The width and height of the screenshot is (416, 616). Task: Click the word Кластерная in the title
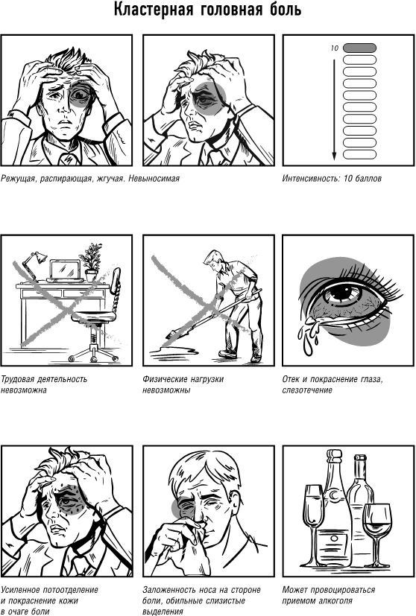point(154,9)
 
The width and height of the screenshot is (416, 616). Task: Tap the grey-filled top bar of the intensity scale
point(359,48)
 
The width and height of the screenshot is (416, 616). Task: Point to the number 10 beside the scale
point(334,48)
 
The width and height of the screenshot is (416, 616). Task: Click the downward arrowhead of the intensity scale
point(334,156)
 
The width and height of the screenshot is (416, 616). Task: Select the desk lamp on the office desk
point(34,264)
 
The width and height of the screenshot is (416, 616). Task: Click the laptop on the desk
point(65,270)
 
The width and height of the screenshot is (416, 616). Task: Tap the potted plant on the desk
point(91,261)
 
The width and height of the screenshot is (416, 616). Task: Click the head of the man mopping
point(212,261)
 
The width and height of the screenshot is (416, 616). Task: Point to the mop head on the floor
point(172,336)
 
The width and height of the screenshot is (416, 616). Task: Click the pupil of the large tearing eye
point(343,292)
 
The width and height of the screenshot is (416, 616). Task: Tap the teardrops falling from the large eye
point(309,334)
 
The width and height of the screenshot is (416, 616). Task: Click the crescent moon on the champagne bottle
point(334,497)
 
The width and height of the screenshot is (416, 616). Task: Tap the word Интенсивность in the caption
point(306,178)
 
